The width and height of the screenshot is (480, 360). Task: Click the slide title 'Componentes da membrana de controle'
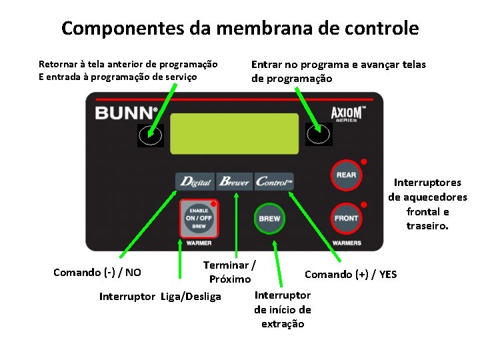tap(240, 29)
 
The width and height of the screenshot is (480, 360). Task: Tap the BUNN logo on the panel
tap(126, 112)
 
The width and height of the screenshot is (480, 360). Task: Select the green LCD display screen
tap(234, 133)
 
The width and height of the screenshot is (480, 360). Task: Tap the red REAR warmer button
tap(346, 175)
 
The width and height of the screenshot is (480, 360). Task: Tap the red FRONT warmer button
tap(346, 218)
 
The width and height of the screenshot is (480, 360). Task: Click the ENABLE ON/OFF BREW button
tap(198, 218)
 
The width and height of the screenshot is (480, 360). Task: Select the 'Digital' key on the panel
tap(195, 181)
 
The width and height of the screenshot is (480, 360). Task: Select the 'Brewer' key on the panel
tap(235, 181)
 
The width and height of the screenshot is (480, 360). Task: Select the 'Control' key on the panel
tap(274, 181)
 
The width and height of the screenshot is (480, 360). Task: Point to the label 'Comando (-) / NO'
tap(97, 272)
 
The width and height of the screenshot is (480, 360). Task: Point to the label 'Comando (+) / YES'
tap(351, 274)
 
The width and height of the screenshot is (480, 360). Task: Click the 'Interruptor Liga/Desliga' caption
tap(160, 296)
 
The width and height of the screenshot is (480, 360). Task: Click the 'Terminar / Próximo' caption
tap(230, 272)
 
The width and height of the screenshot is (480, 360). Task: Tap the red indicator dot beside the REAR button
tap(364, 161)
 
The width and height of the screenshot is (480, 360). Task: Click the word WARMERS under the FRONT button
tap(347, 243)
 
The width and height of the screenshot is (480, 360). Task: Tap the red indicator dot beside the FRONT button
tap(364, 204)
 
